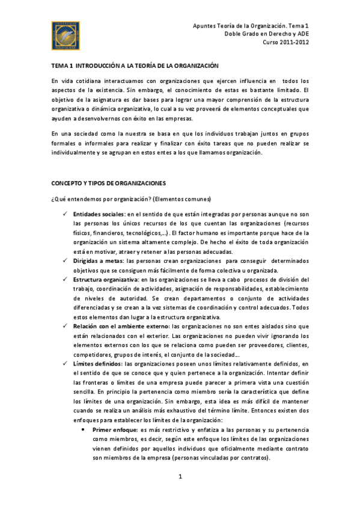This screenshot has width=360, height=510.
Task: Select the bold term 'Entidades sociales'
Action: click(x=99, y=215)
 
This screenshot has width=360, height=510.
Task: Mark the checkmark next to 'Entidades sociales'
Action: click(x=65, y=215)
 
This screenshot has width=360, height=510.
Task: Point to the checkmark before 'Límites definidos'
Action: click(x=65, y=364)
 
